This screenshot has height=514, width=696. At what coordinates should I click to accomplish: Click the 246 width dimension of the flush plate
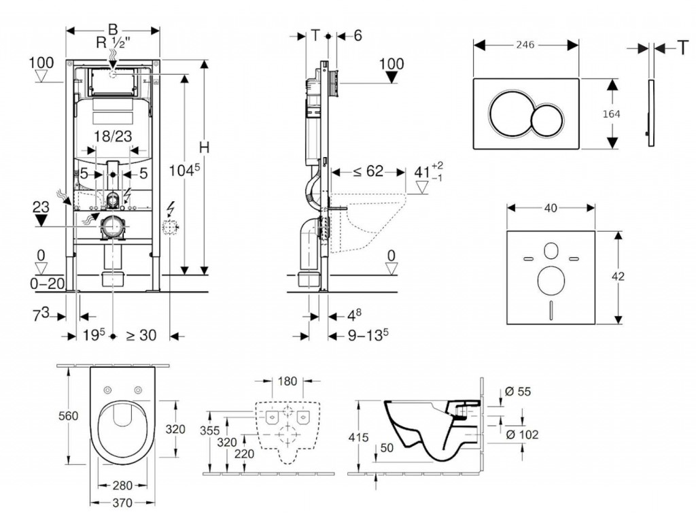click(525, 44)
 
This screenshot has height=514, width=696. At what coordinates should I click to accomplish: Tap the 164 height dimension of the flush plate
click(612, 114)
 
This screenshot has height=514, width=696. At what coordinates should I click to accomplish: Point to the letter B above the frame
click(113, 29)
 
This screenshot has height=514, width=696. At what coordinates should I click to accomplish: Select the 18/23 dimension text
click(113, 136)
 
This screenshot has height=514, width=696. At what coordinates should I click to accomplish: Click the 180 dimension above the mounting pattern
click(288, 381)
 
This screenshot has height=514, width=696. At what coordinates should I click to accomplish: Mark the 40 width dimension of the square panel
click(551, 208)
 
